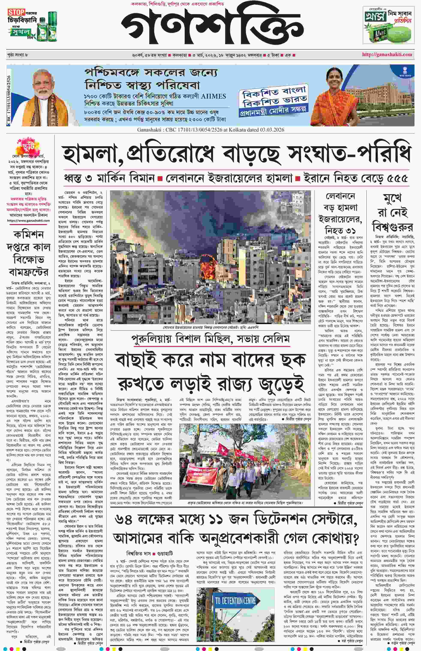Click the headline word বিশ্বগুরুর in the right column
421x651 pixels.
[392, 226]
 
